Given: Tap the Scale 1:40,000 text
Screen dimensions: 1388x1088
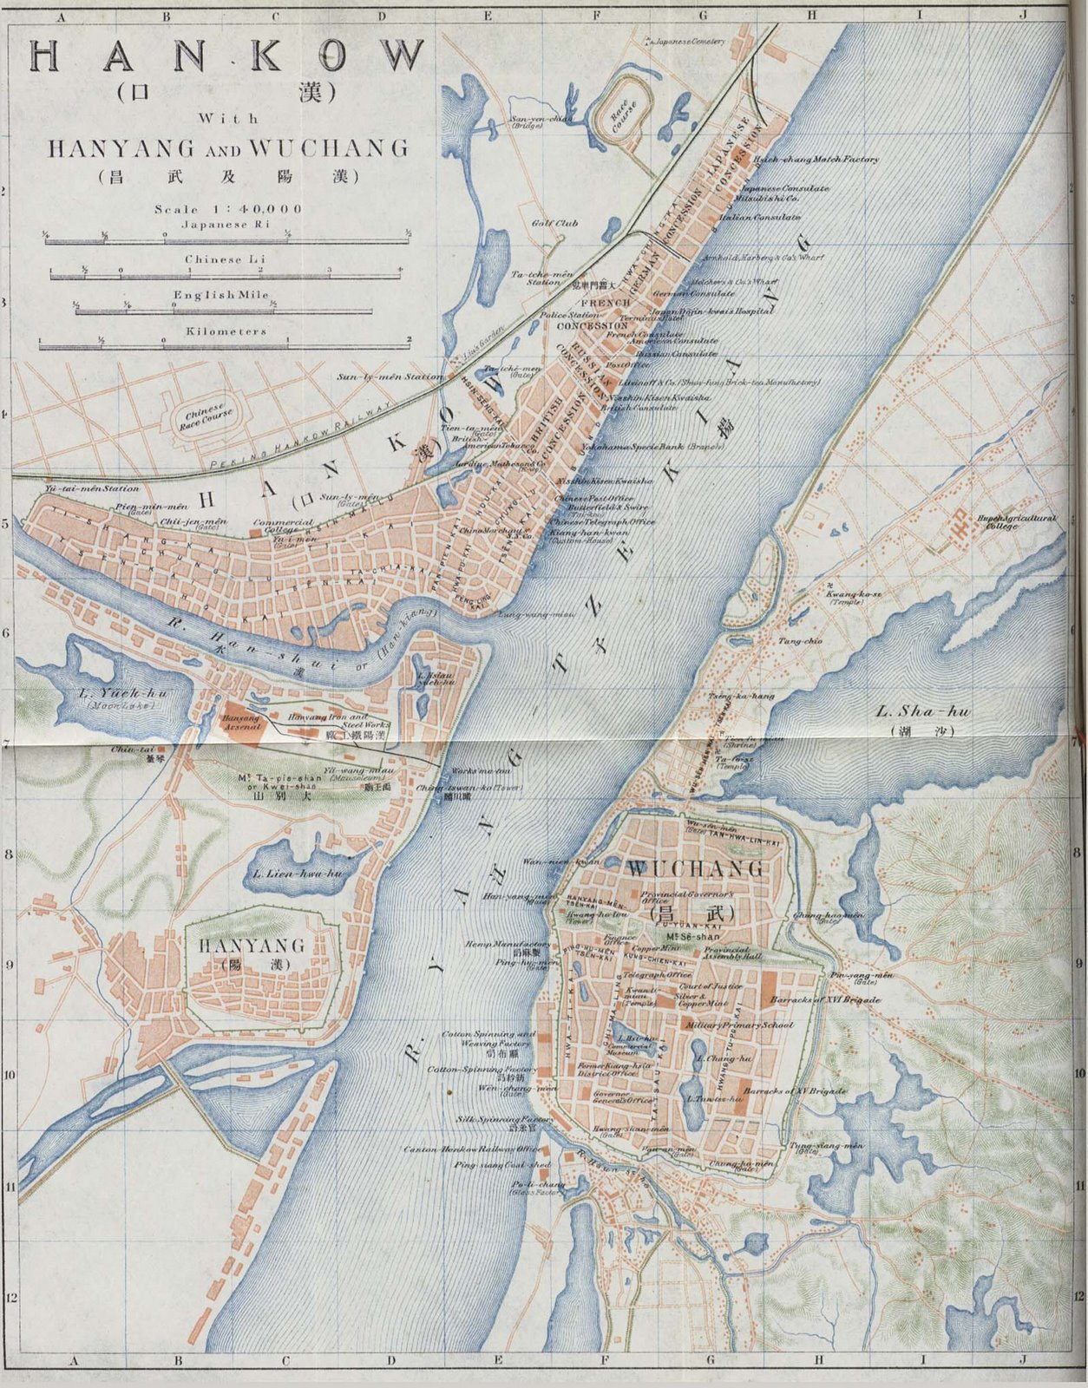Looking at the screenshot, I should pyautogui.click(x=228, y=209).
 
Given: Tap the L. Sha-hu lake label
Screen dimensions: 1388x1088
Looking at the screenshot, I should pyautogui.click(x=922, y=712).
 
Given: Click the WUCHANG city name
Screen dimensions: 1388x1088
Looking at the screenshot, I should pyautogui.click(x=696, y=868).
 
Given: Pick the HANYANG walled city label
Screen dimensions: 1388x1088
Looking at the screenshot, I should pyautogui.click(x=252, y=945).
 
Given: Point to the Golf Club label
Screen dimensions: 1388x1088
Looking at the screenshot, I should pyautogui.click(x=555, y=223).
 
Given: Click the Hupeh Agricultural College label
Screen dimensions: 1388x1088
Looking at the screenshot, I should pyautogui.click(x=1017, y=521).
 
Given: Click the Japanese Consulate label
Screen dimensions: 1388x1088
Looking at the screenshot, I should pyautogui.click(x=784, y=188).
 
